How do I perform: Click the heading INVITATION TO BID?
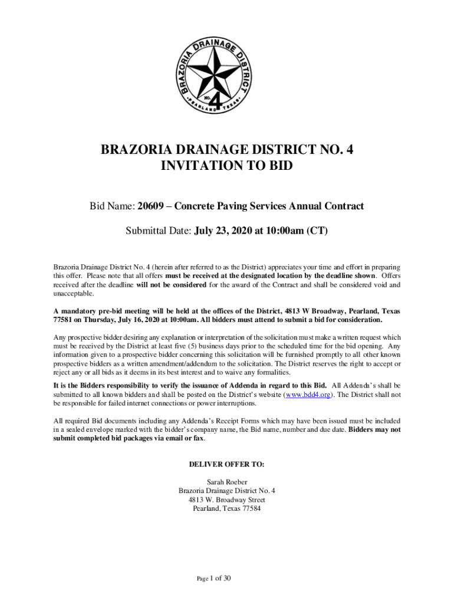226,167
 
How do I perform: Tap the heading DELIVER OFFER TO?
226,464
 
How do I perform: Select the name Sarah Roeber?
226,482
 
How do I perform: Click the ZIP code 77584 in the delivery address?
249,509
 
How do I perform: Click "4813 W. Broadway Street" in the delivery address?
226,500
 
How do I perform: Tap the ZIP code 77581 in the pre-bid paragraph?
63,320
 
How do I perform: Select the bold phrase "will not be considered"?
171,285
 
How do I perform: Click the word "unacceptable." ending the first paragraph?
73,294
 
